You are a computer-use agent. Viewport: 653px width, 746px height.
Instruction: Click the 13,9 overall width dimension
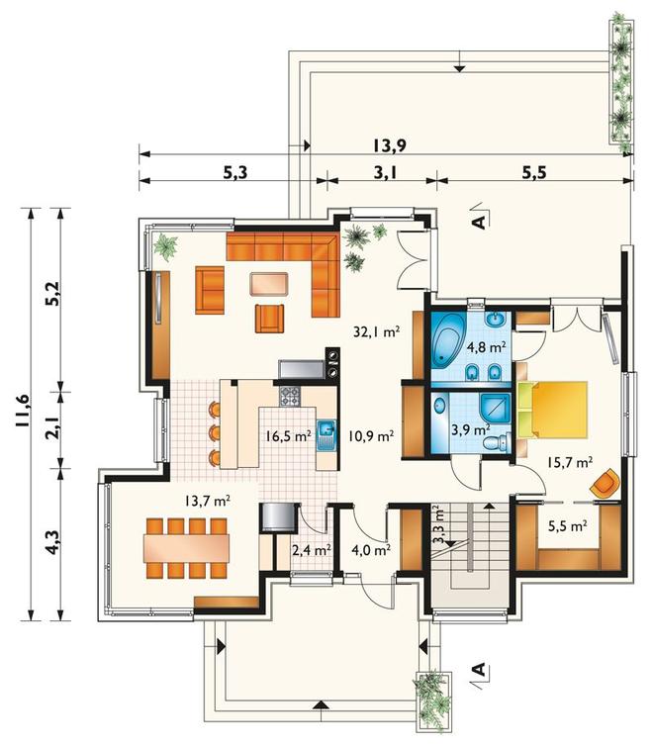tap(389, 145)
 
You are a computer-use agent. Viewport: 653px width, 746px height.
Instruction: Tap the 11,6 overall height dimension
tap(24, 412)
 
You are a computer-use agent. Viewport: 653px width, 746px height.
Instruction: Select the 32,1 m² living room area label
tap(376, 331)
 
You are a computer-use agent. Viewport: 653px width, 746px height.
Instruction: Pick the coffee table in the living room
tap(269, 284)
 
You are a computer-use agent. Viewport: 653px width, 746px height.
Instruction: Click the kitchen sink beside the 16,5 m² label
tap(326, 435)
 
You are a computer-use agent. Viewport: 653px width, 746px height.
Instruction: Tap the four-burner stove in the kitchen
tap(290, 396)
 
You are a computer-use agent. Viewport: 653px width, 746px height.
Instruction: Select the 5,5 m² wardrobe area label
tap(567, 525)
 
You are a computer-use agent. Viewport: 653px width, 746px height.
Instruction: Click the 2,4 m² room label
tap(312, 550)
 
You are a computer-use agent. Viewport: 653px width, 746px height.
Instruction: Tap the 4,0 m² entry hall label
tap(371, 550)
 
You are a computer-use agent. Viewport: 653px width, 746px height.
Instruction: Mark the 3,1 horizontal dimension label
tap(385, 173)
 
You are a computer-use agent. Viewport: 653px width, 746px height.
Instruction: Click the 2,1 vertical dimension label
tap(55, 426)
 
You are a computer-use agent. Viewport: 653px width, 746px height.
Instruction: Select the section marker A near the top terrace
tap(480, 222)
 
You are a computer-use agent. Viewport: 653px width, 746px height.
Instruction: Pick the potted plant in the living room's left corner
tap(165, 246)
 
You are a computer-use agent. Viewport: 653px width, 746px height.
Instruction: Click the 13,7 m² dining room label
tap(208, 501)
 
